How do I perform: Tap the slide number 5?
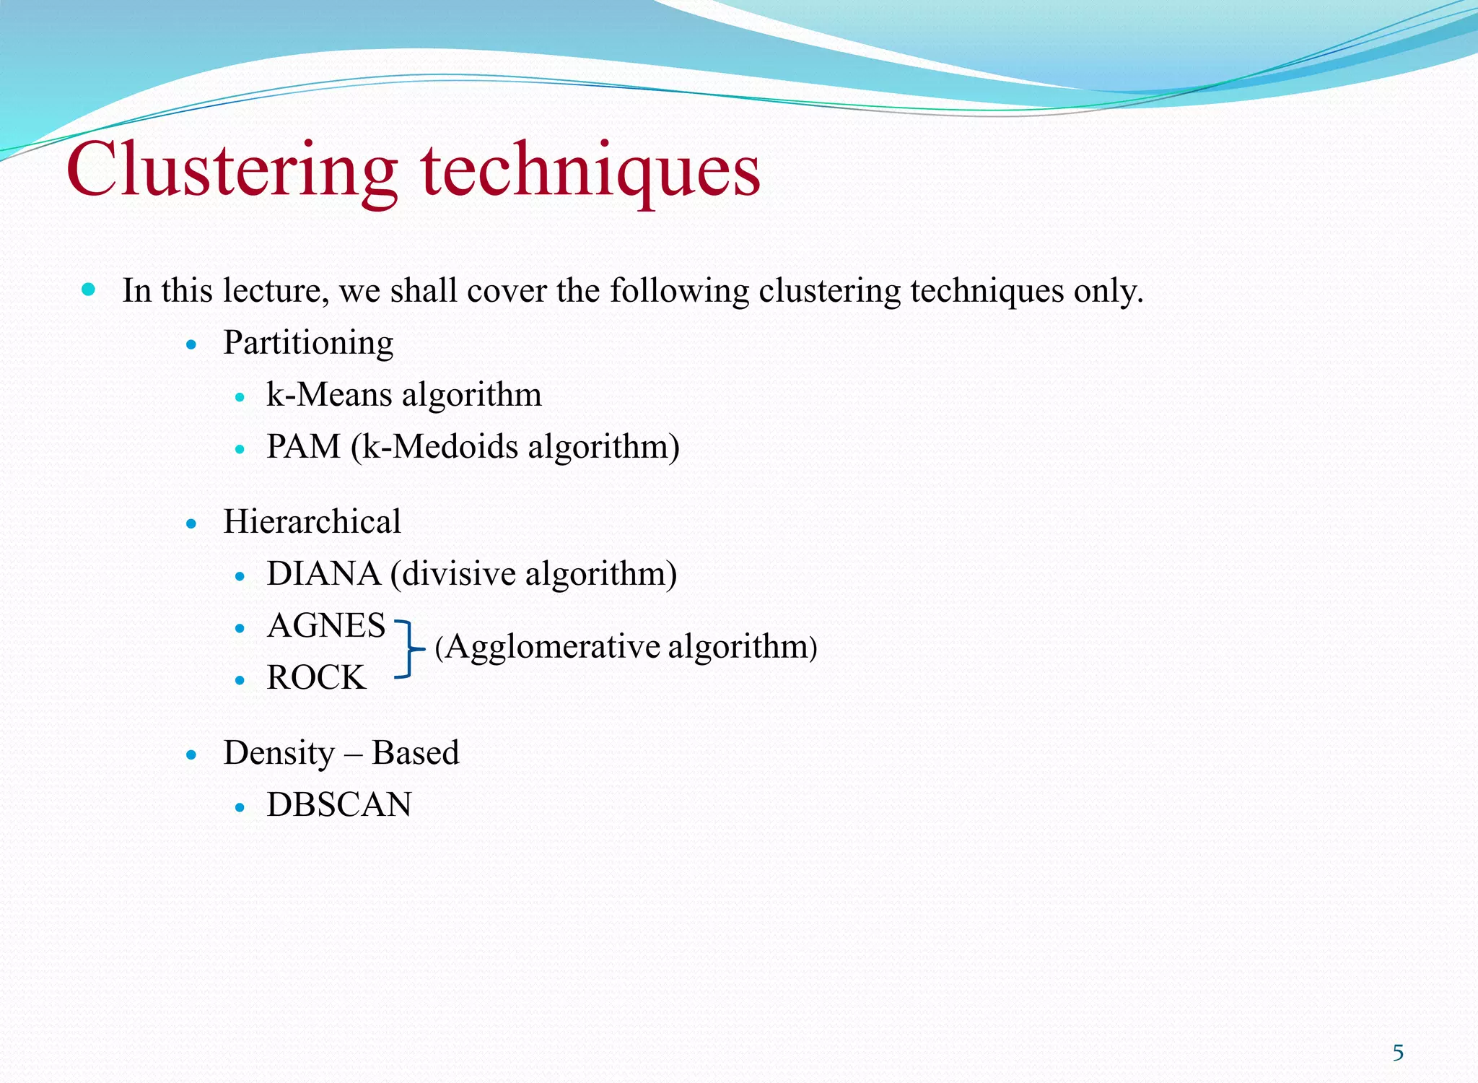(x=1398, y=1053)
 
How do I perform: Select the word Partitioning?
(x=308, y=343)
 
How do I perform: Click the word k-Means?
(x=329, y=395)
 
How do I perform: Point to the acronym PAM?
(x=303, y=447)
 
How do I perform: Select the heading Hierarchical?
(x=312, y=521)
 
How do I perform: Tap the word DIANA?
(x=323, y=574)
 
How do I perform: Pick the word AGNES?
(x=326, y=626)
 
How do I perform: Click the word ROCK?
(x=316, y=678)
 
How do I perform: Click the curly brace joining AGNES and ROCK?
(x=410, y=649)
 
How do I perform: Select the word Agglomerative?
(x=553, y=647)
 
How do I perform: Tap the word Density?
(x=279, y=753)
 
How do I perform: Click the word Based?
(x=415, y=753)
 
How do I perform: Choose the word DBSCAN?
(x=339, y=805)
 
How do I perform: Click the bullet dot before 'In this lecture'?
(x=89, y=290)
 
